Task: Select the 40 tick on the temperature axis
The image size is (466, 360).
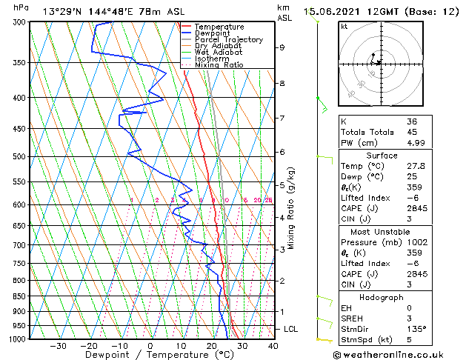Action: (273, 346)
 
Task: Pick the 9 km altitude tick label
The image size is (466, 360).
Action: (282, 47)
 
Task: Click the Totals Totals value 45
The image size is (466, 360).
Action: (412, 132)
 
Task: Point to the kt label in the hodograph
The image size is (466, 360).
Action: (344, 27)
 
